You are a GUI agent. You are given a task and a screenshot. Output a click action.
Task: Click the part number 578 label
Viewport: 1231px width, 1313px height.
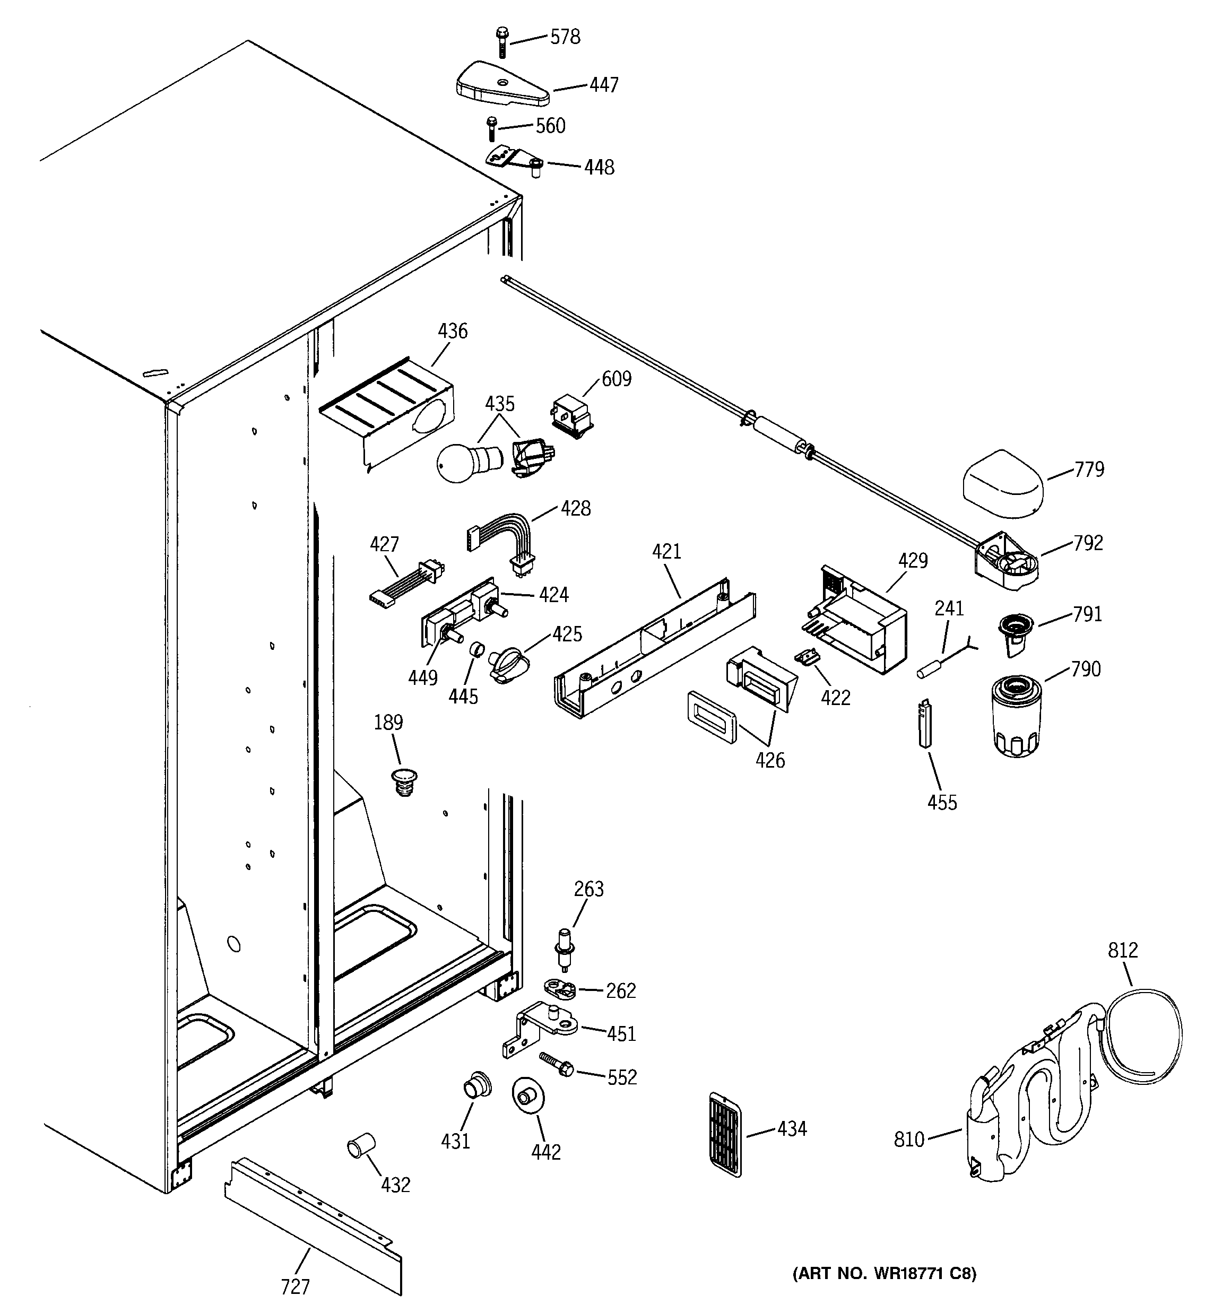click(x=565, y=37)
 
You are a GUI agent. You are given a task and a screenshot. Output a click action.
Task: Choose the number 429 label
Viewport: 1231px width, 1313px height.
click(x=913, y=560)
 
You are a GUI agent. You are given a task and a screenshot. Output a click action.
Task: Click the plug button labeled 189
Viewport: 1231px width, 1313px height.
click(x=404, y=781)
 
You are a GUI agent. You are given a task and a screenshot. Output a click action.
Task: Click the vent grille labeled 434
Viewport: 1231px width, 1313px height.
click(x=724, y=1133)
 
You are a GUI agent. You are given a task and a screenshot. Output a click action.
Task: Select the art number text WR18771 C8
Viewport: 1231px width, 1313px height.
click(x=884, y=1273)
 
